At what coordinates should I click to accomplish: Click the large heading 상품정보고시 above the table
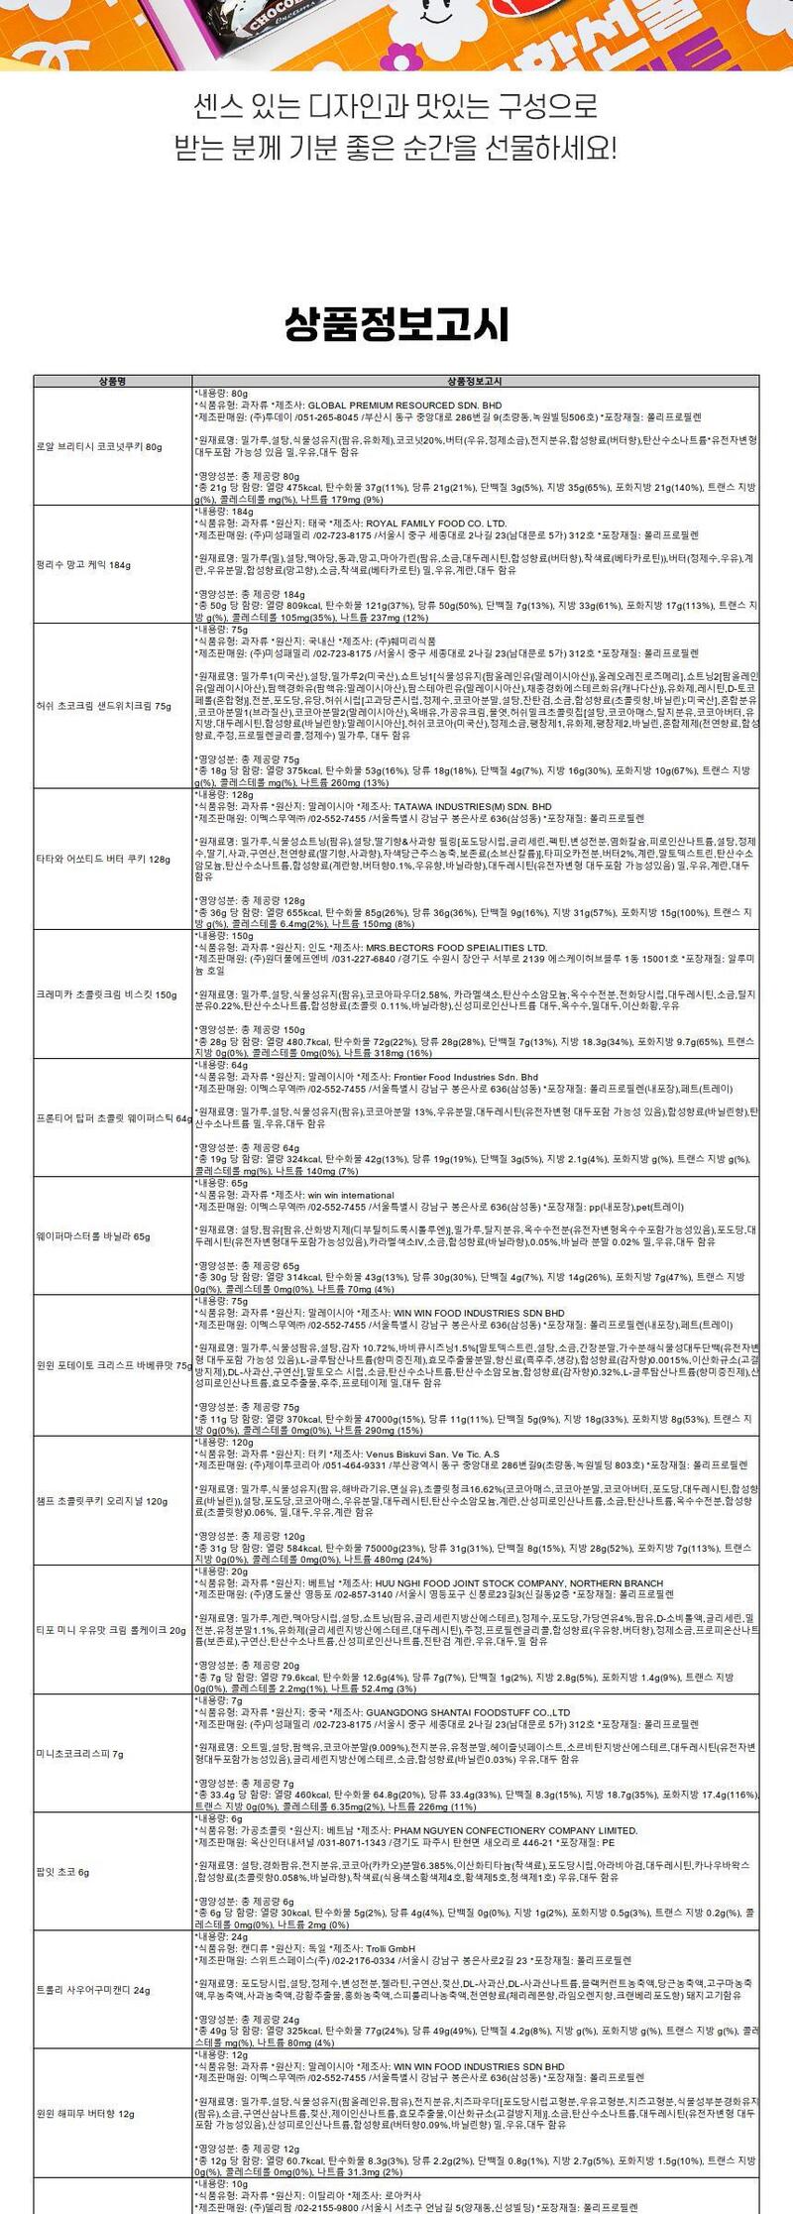pyautogui.click(x=396, y=324)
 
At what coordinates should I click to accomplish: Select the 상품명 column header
pyautogui.click(x=113, y=381)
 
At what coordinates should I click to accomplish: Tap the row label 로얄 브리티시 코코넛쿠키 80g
pyautogui.click(x=99, y=446)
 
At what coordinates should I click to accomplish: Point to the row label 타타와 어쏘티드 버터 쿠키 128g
pyautogui.click(x=104, y=860)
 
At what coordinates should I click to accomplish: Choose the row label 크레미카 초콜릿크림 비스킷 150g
pyautogui.click(x=106, y=994)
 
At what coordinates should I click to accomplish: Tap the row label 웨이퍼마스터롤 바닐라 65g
pyautogui.click(x=93, y=1236)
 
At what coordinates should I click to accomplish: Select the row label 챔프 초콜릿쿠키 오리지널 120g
pyautogui.click(x=102, y=1501)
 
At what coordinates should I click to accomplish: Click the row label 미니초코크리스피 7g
pyautogui.click(x=80, y=1754)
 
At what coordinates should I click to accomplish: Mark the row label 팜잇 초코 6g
pyautogui.click(x=62, y=1872)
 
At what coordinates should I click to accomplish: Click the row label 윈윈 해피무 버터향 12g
pyautogui.click(x=85, y=2114)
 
